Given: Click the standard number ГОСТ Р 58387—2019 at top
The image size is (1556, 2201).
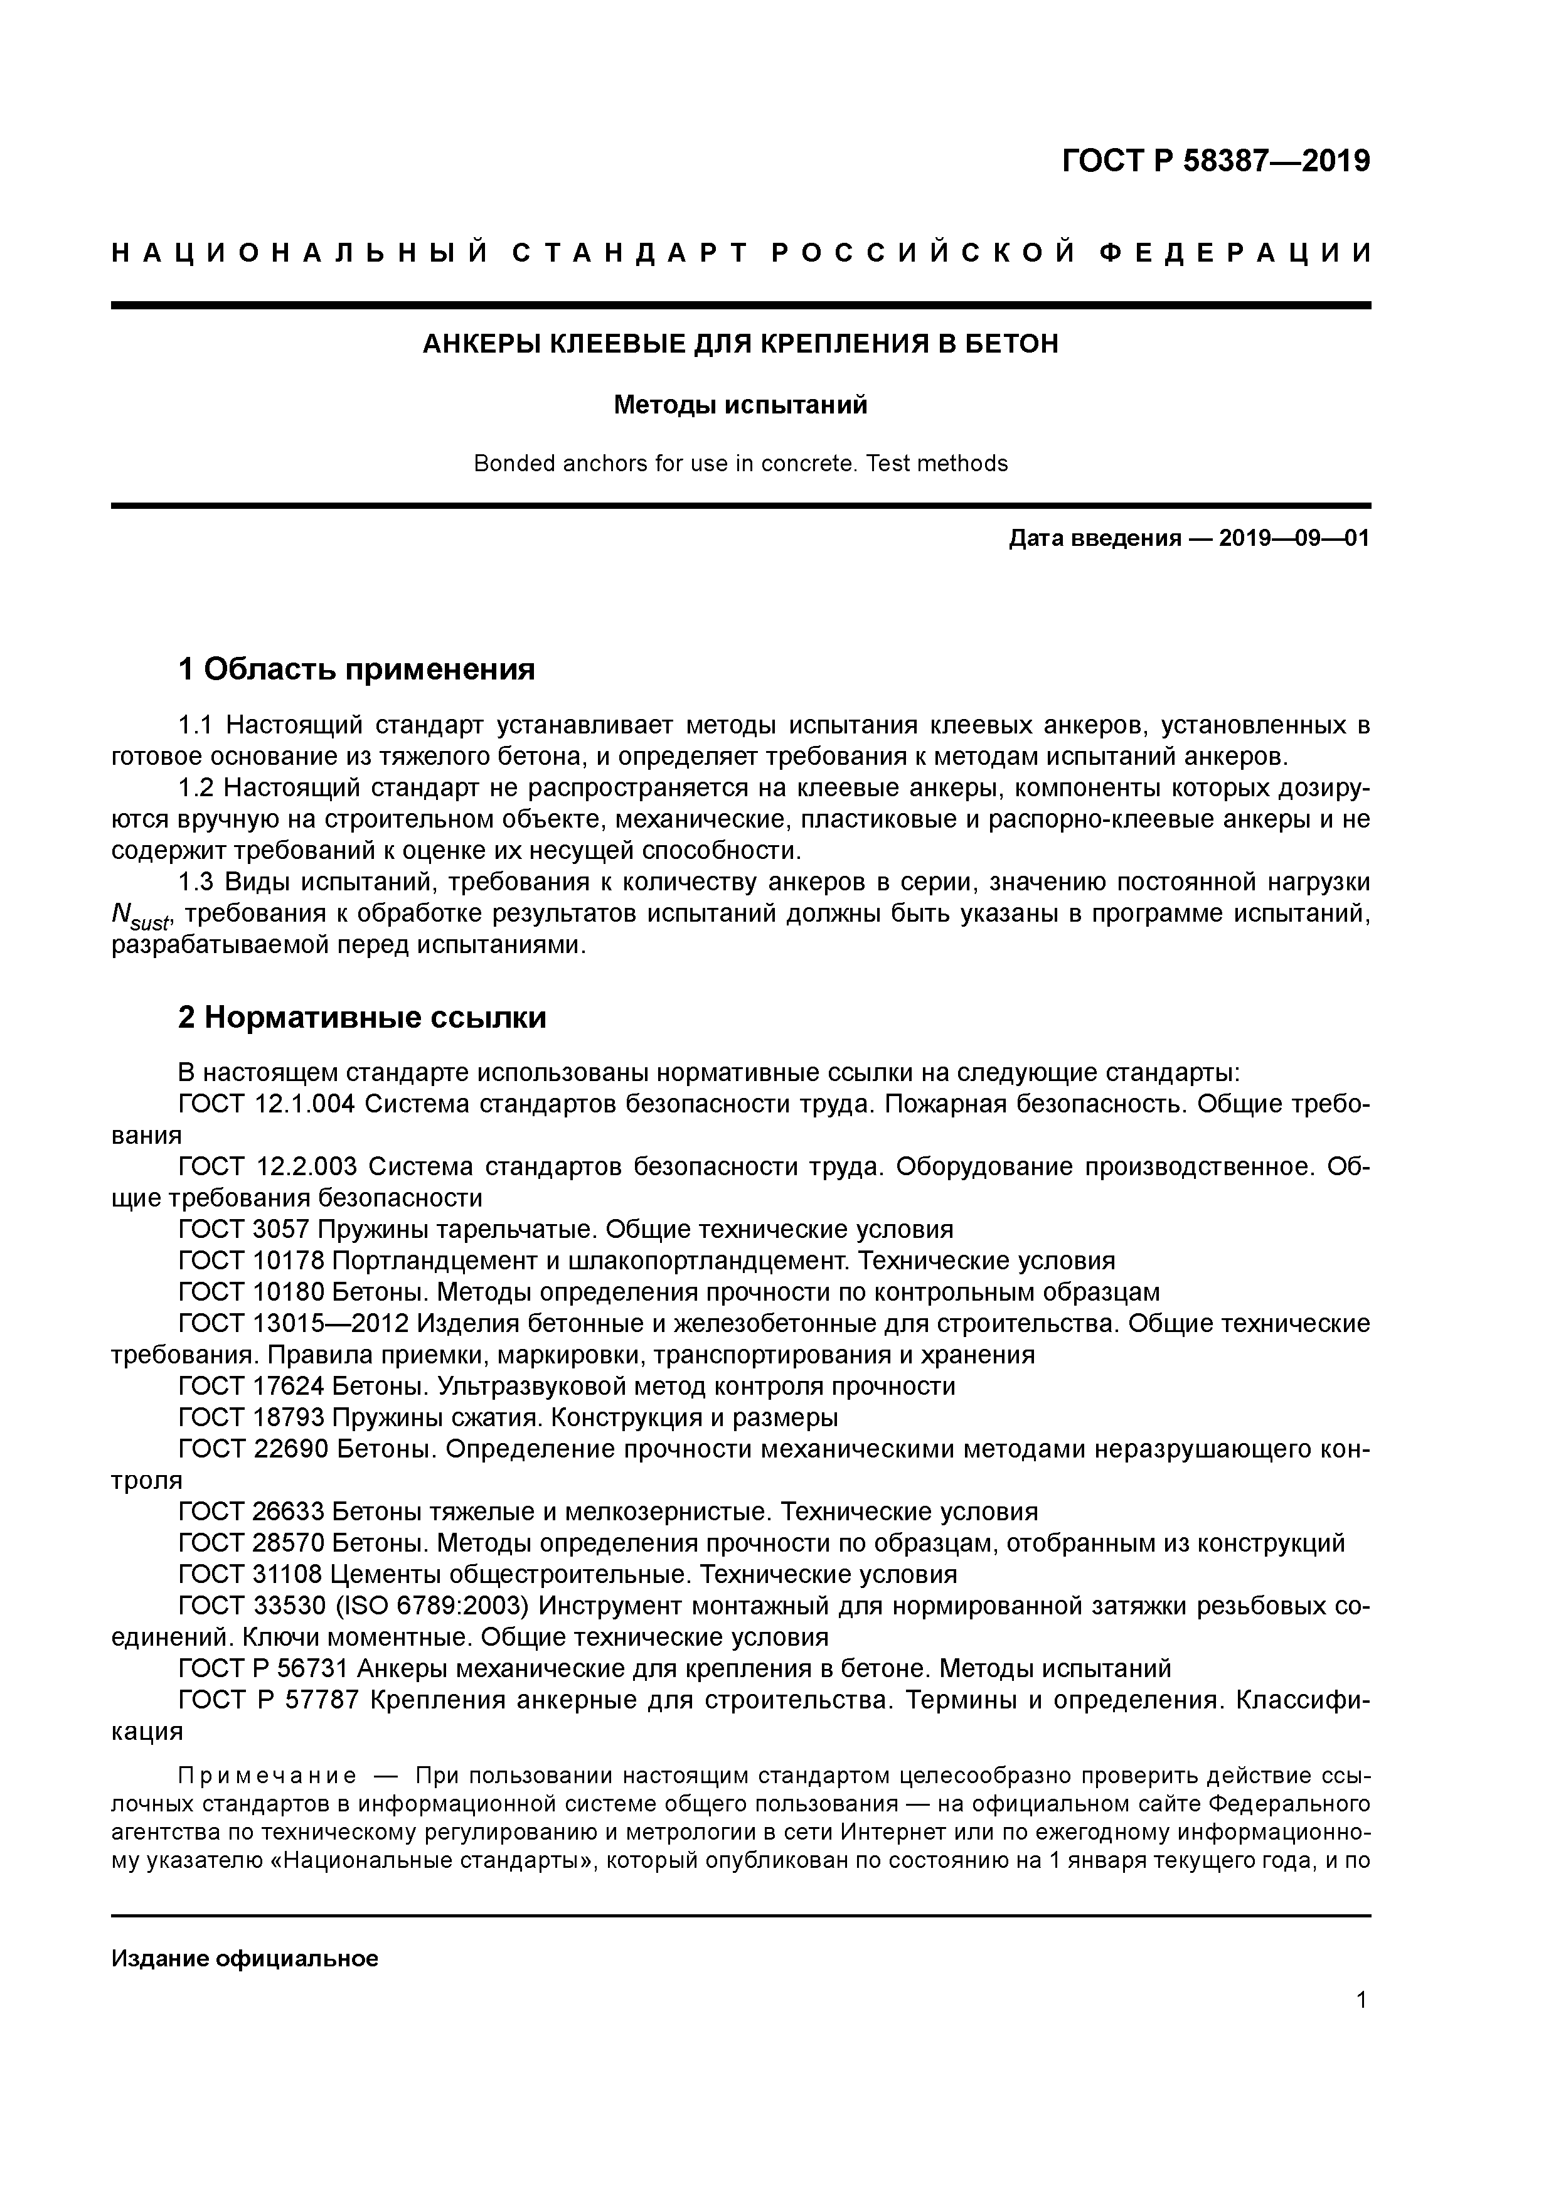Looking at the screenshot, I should pyautogui.click(x=1216, y=162).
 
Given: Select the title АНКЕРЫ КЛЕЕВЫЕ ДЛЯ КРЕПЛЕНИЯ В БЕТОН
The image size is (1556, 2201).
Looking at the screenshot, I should pyautogui.click(x=740, y=344).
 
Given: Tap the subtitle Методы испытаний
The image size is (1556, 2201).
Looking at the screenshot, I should pyautogui.click(x=740, y=405).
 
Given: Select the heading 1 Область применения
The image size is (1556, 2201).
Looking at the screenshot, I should pyautogui.click(x=356, y=669).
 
